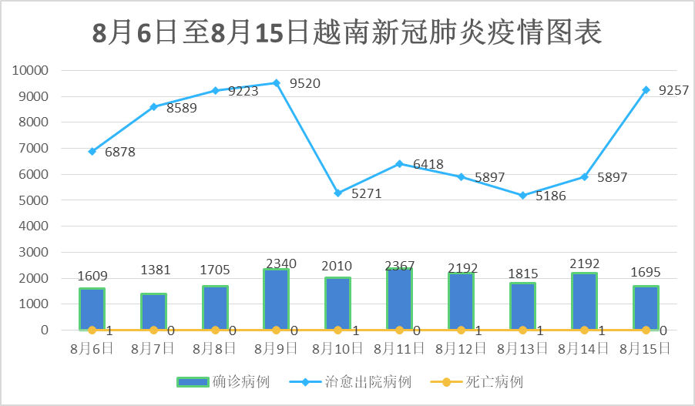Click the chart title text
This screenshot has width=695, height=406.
click(x=347, y=32)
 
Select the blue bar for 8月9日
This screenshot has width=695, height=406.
click(x=276, y=300)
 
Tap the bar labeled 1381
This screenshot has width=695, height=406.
click(x=153, y=312)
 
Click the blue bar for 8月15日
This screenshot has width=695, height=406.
click(x=646, y=308)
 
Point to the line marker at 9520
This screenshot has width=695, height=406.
click(x=276, y=82)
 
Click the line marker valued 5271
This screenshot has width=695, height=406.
click(x=337, y=193)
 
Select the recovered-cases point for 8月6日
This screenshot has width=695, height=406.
click(x=92, y=151)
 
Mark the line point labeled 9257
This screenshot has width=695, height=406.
click(x=646, y=89)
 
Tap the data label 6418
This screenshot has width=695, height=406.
click(x=428, y=164)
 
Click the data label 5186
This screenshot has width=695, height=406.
click(x=550, y=196)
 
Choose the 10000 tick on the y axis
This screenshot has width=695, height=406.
click(x=31, y=70)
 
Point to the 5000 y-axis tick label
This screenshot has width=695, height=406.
click(x=34, y=200)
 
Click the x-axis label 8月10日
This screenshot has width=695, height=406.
click(x=337, y=349)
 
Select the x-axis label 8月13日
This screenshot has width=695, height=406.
click(x=522, y=349)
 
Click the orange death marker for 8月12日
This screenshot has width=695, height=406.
click(x=461, y=330)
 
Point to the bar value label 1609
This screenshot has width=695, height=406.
click(x=92, y=276)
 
